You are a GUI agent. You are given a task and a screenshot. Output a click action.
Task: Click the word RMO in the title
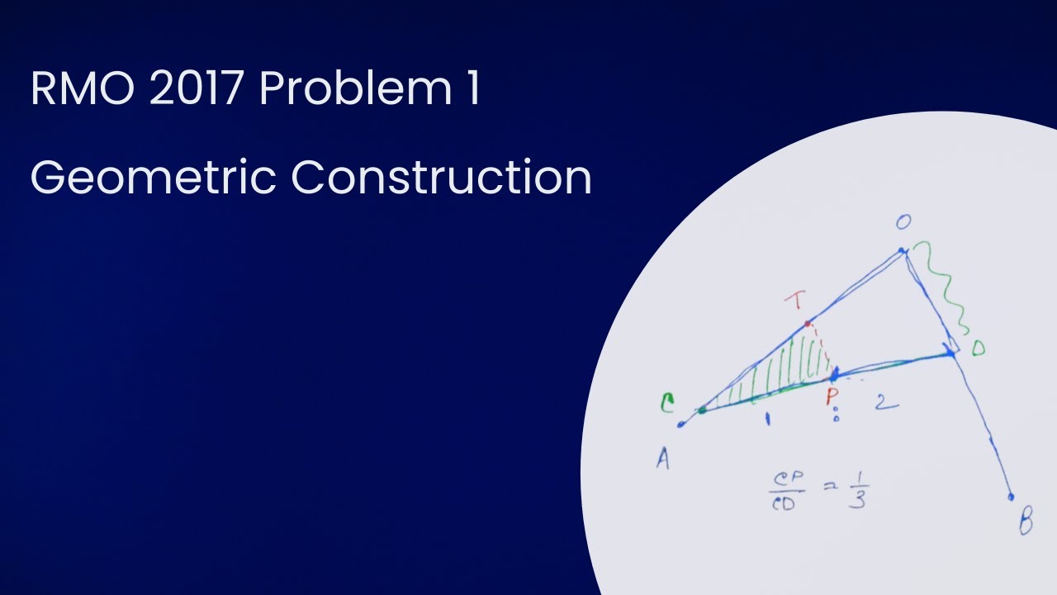tap(82, 89)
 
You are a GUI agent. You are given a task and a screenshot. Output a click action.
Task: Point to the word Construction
tap(441, 177)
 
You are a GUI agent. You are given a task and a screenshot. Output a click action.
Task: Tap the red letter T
tap(798, 302)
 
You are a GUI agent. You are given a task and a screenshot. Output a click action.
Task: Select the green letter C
tap(666, 403)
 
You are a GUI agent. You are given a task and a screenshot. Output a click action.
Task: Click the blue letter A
tap(662, 459)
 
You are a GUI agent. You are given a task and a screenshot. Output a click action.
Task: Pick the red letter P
tap(832, 397)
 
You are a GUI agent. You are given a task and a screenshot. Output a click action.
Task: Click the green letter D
tap(978, 349)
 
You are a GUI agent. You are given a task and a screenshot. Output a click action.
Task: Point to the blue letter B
tap(1026, 522)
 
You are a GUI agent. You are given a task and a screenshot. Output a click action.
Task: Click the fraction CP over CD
tap(782, 491)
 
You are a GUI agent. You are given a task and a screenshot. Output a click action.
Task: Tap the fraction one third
tap(856, 489)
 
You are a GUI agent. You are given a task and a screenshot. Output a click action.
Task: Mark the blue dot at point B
tap(1011, 497)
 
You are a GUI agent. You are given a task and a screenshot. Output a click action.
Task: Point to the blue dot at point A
tap(681, 426)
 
